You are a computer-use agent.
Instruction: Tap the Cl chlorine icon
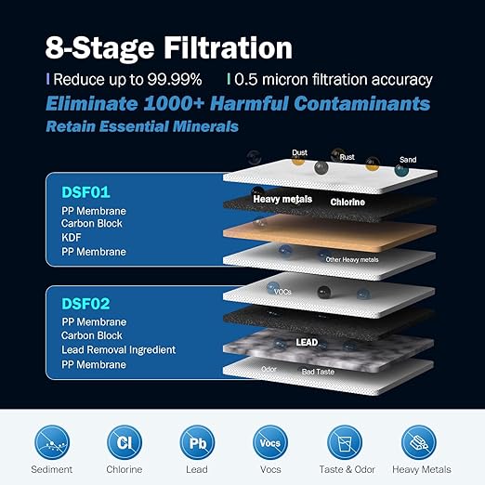point(124,441)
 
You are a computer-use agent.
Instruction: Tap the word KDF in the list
point(72,237)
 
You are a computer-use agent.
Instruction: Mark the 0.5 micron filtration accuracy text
point(321,79)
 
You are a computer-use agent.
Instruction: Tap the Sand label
point(407,160)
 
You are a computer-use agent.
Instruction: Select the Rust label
point(347,157)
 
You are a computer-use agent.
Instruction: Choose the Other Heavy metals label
point(352,260)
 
